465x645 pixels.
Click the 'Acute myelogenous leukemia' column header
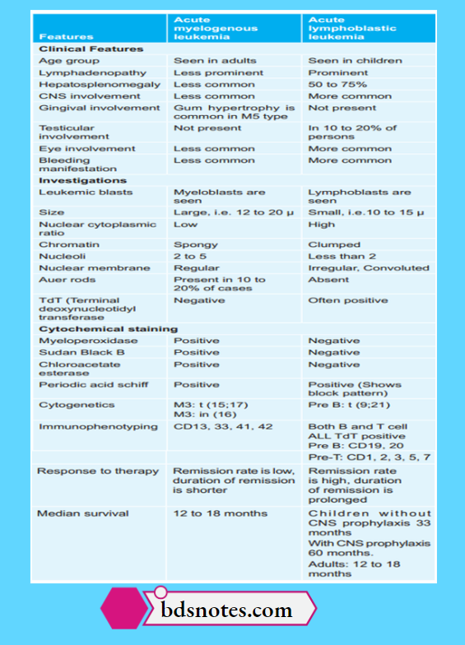click(x=216, y=28)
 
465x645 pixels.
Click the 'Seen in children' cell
click(x=355, y=60)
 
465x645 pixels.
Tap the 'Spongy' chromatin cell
click(x=196, y=244)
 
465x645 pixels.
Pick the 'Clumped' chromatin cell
click(x=334, y=244)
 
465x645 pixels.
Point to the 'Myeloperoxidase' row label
click(x=88, y=341)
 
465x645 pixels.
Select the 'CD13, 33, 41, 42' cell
click(x=222, y=428)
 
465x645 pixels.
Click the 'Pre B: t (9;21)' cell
click(x=348, y=405)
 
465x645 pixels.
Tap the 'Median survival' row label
click(x=83, y=513)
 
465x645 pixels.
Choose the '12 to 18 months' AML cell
click(x=220, y=513)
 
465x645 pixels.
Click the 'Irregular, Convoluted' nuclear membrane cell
click(x=368, y=267)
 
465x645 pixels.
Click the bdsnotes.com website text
click(x=226, y=610)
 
